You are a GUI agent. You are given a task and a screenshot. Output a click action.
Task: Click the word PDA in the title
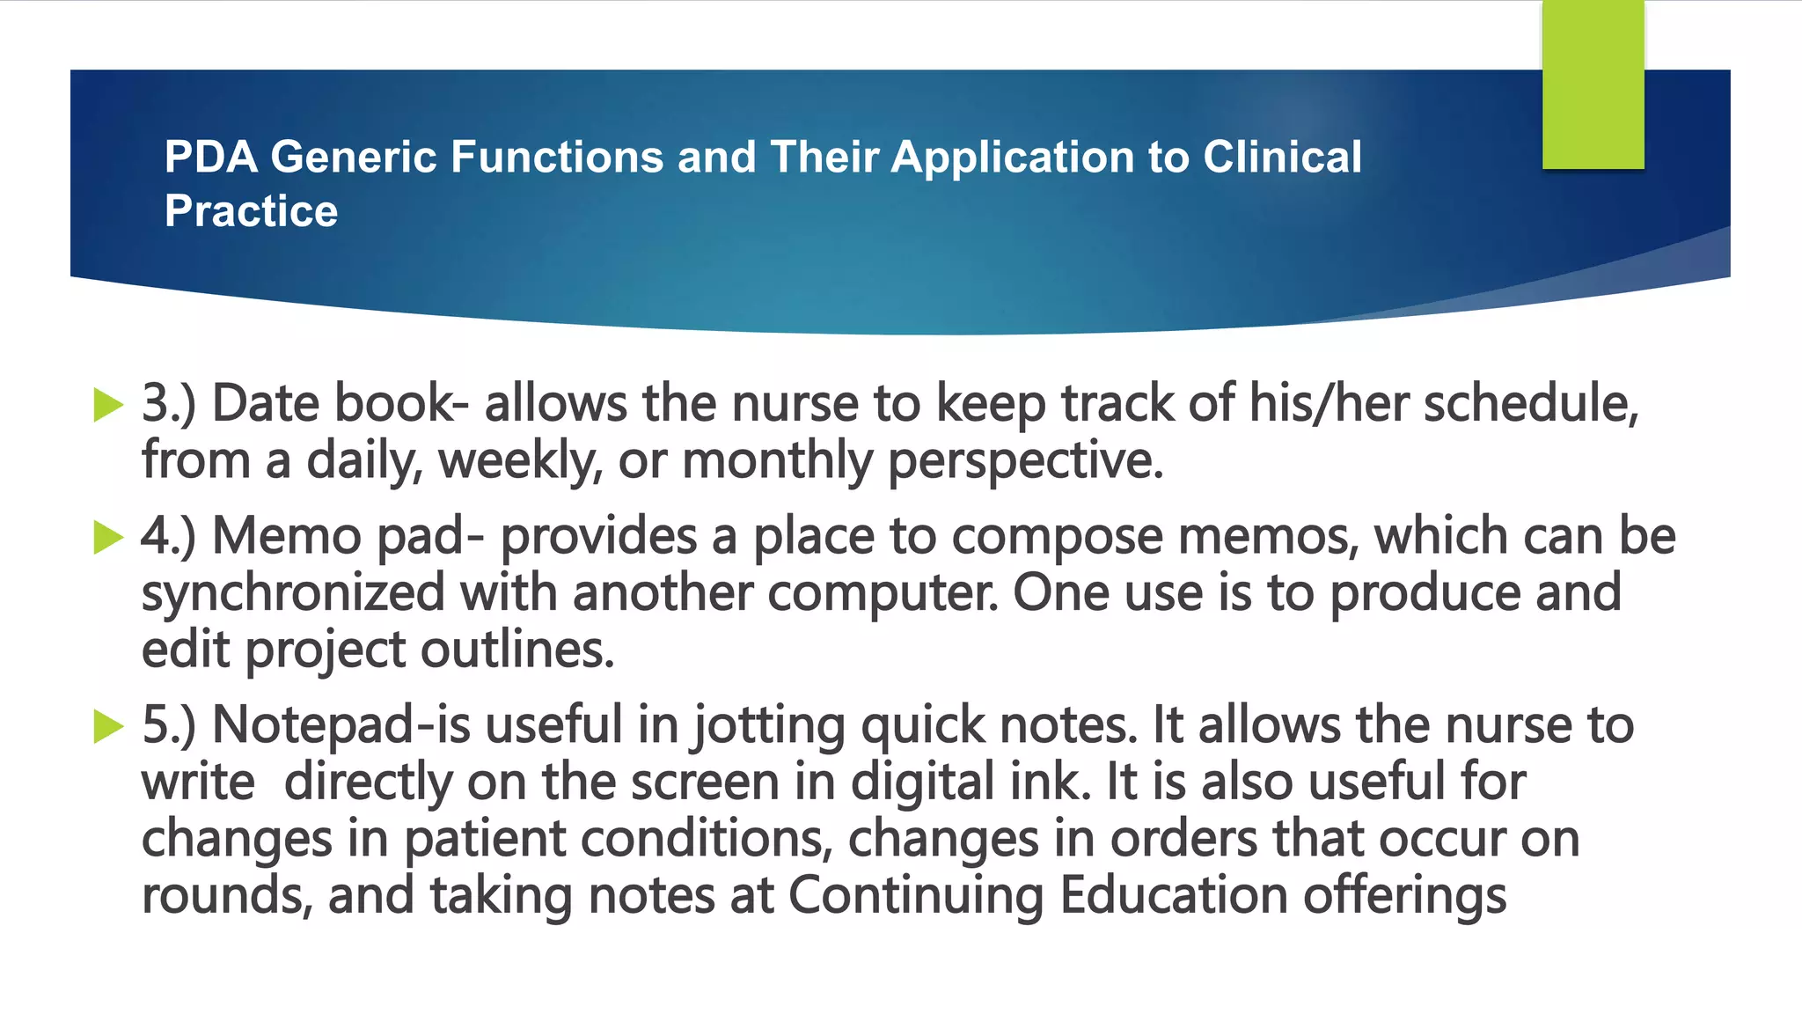point(210,158)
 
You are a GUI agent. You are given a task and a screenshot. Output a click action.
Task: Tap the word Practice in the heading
point(251,211)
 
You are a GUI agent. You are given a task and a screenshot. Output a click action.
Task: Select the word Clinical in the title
point(1282,158)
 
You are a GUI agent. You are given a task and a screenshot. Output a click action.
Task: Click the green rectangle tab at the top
point(1593,84)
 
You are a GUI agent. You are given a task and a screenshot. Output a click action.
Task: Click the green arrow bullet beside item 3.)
point(108,405)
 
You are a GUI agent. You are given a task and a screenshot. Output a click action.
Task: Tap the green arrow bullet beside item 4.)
point(108,537)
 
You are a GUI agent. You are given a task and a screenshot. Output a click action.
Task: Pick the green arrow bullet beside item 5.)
point(108,726)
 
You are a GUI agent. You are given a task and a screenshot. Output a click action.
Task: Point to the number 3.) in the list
point(168,405)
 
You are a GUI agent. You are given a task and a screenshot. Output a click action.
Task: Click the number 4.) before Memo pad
point(168,537)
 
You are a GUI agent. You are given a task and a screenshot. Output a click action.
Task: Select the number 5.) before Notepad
point(168,726)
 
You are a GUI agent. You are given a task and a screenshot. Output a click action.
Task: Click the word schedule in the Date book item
point(1530,405)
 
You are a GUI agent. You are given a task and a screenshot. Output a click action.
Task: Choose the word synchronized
point(293,593)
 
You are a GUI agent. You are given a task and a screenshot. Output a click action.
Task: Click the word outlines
point(516,650)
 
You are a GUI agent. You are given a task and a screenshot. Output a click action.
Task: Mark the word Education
point(1174,896)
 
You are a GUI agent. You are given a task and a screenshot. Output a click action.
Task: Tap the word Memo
point(287,537)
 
